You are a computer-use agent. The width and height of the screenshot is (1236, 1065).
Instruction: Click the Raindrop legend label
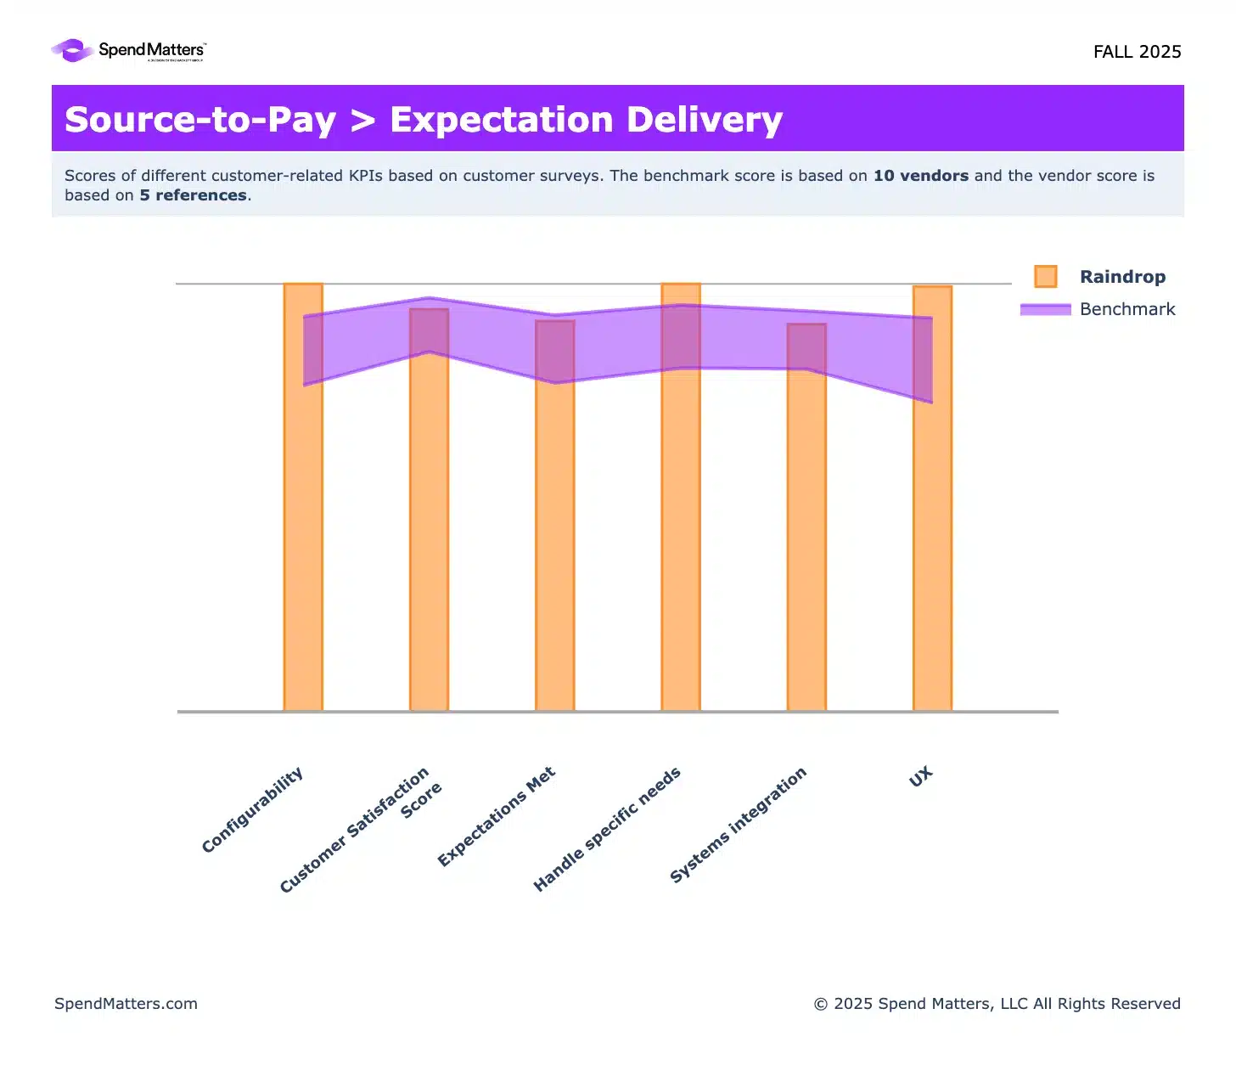pos(1122,277)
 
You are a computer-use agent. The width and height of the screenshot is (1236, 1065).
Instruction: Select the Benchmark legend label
pos(1127,309)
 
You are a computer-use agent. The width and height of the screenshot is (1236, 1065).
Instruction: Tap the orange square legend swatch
pos(1046,277)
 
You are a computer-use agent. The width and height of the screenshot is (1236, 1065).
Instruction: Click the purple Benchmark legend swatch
pos(1046,309)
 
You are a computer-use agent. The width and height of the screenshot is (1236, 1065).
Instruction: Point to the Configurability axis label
pos(253,809)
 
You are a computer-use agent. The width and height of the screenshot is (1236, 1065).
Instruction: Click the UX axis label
pos(921,776)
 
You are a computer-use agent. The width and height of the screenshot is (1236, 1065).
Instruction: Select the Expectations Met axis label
pos(497,816)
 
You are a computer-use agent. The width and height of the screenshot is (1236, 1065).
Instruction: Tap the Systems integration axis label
pos(738,825)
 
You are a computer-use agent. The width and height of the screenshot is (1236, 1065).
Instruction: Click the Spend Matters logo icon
pos(73,51)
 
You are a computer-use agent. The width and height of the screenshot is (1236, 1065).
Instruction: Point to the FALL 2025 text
pos(1137,52)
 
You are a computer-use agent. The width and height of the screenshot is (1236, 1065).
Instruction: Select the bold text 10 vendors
pos(921,176)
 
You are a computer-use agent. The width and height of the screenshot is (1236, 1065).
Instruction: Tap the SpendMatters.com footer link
pos(126,1004)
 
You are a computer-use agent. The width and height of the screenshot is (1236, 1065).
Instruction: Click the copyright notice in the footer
pos(997,1004)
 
